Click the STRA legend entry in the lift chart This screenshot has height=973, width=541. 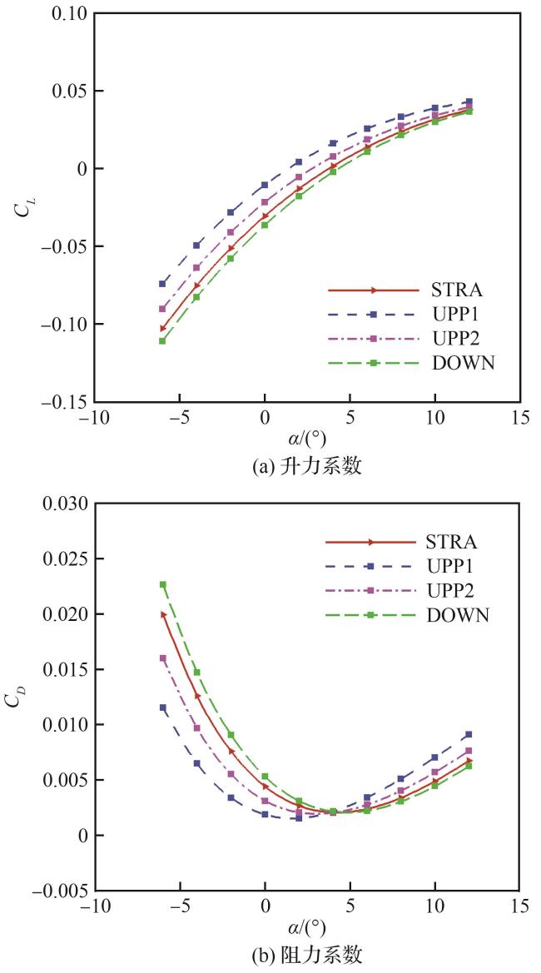click(x=457, y=290)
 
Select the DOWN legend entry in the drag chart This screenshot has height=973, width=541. click(x=457, y=615)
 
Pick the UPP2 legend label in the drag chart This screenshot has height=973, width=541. click(x=457, y=591)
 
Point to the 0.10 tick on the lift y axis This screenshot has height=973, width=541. click(x=67, y=14)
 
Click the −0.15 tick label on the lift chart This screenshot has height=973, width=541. click(x=64, y=402)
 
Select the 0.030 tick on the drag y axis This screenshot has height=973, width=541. click(x=63, y=504)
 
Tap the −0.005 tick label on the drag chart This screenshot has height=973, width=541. click(x=60, y=891)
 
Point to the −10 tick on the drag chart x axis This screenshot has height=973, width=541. click(x=94, y=906)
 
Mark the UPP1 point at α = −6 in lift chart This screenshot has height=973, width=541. click(x=162, y=284)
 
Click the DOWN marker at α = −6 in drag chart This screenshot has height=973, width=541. click(x=163, y=584)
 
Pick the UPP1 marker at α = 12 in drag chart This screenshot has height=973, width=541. click(x=469, y=735)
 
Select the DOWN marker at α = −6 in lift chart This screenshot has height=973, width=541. click(x=162, y=340)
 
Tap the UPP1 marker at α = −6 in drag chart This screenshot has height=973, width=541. click(x=163, y=707)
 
